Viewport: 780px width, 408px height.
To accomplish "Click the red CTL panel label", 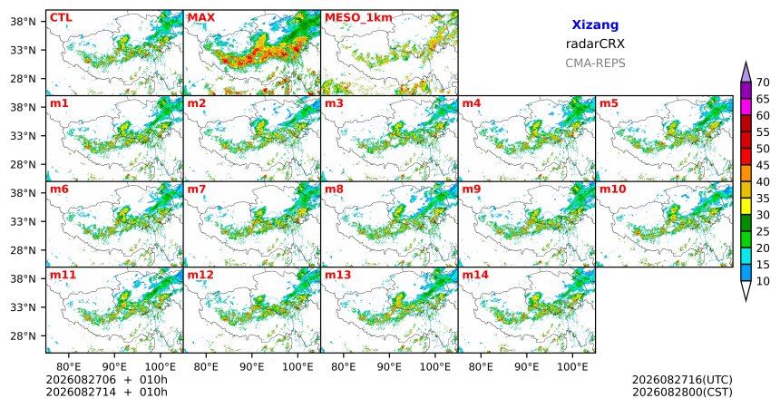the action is (61, 18).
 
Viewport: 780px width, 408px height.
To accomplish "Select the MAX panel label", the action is (201, 18).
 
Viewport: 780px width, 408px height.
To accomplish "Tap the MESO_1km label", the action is (358, 18).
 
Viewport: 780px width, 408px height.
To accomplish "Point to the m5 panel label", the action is (609, 103).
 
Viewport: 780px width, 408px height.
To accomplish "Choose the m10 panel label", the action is (612, 189).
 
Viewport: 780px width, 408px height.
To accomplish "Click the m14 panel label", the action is (475, 275).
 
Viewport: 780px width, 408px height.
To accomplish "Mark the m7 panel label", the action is (196, 189).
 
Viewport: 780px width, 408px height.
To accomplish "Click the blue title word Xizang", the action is (595, 24).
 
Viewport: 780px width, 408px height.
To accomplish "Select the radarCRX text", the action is (595, 44).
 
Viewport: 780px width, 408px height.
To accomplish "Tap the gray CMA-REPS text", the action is (595, 63).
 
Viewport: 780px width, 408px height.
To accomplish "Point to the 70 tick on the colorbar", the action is (763, 83).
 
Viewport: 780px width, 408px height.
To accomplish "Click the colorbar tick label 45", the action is (763, 165).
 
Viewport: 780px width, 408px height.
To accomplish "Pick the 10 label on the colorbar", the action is (763, 281).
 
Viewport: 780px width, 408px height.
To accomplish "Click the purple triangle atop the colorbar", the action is (746, 73).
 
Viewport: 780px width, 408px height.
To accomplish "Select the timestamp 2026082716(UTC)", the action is (682, 380).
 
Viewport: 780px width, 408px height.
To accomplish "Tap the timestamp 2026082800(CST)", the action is (682, 392).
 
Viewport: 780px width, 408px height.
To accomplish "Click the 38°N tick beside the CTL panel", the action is (24, 22).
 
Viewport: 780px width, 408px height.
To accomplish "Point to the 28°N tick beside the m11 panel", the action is (24, 335).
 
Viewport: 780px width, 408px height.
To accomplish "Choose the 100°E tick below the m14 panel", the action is (572, 367).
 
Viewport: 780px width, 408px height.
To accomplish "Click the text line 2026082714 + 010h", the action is (106, 392).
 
